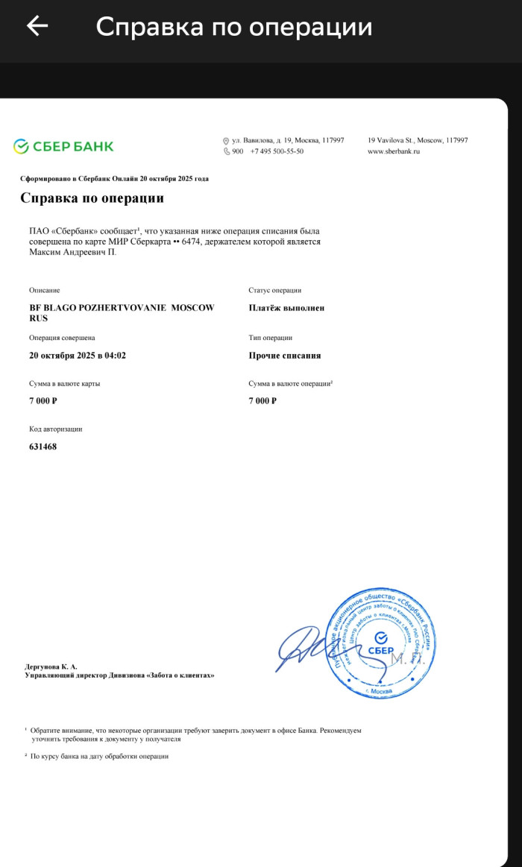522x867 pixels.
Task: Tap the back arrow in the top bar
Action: [37, 26]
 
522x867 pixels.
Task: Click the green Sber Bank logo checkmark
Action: [21, 146]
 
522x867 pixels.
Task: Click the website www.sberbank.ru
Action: [394, 151]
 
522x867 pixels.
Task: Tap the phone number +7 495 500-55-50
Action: [277, 151]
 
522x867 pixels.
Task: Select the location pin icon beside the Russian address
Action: [226, 141]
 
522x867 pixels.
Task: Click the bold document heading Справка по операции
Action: [92, 198]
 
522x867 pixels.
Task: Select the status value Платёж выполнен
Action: [286, 308]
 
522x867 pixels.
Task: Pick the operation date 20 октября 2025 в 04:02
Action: [78, 356]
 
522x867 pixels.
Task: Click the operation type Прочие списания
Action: [285, 356]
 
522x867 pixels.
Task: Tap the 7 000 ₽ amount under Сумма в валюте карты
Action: [43, 401]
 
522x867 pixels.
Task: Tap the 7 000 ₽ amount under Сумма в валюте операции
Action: [262, 401]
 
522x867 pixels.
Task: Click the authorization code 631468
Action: [43, 447]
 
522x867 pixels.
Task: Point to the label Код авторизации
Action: [56, 429]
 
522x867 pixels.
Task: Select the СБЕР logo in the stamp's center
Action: [381, 645]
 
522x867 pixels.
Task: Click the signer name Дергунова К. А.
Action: [51, 666]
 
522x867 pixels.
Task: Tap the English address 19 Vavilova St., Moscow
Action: [417, 140]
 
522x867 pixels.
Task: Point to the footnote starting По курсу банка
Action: [100, 756]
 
